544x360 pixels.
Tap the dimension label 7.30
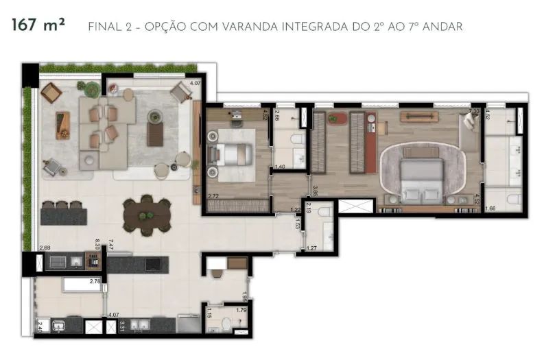coord(473,111)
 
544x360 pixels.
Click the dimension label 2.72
coord(213,196)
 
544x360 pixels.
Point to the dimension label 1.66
coord(490,208)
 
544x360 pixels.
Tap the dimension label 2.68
coord(45,247)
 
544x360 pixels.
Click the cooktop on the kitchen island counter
coord(151,263)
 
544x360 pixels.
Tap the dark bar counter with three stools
coord(64,217)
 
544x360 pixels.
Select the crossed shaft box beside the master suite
coord(356,205)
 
